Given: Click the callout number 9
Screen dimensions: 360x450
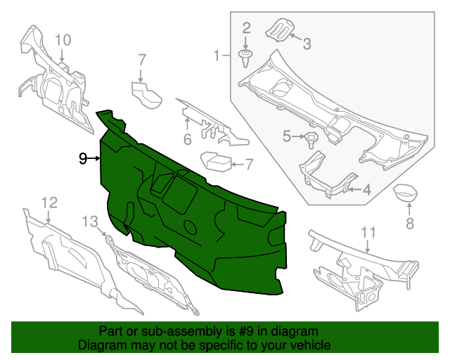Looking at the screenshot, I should click(82, 159).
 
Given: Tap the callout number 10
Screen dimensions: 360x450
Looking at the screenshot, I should click(63, 40).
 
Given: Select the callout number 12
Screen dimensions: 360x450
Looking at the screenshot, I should click(48, 202).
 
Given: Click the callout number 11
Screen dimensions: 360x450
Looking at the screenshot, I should click(368, 232).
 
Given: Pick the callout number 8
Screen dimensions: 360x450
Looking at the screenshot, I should click(409, 224).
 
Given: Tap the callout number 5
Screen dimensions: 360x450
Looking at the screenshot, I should click(287, 136).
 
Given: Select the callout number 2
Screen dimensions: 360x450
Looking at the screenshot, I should click(246, 28).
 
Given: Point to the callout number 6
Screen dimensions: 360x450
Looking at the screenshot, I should click(188, 139).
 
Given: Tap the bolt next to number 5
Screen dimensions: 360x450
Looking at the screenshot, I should click(310, 139).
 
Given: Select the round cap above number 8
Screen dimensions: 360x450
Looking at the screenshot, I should click(404, 191).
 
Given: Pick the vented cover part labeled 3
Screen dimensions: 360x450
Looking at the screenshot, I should click(278, 31).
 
